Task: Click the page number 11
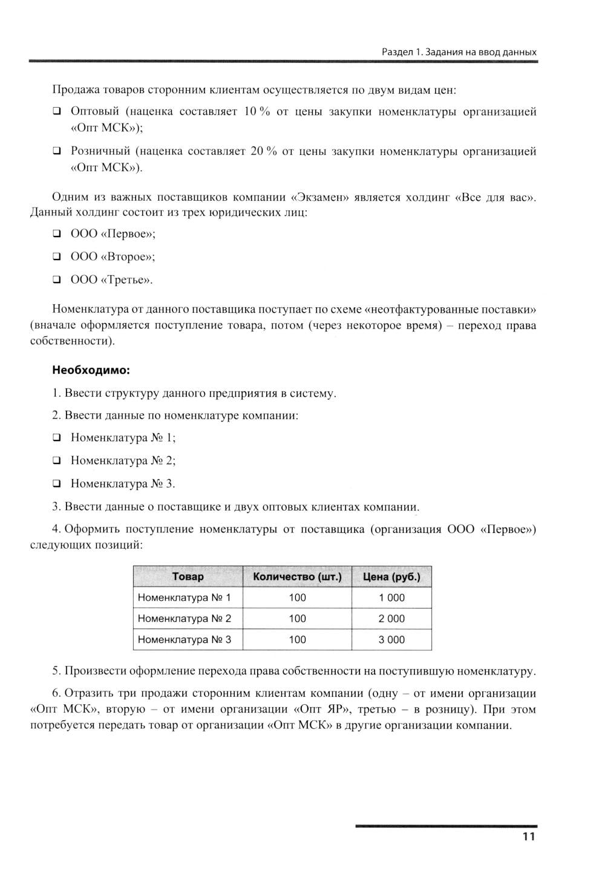click(528, 837)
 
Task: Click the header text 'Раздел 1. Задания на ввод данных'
click(459, 52)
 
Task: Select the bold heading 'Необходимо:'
click(91, 370)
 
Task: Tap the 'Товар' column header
click(188, 577)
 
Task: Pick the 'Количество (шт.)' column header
click(297, 577)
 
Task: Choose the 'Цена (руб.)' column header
click(391, 577)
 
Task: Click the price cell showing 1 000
click(391, 598)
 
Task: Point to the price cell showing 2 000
click(391, 619)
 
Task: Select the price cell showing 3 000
click(391, 639)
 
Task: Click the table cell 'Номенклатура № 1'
click(185, 598)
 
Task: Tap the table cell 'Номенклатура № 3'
click(185, 639)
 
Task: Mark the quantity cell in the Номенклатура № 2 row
click(297, 619)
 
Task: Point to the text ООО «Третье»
click(112, 279)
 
